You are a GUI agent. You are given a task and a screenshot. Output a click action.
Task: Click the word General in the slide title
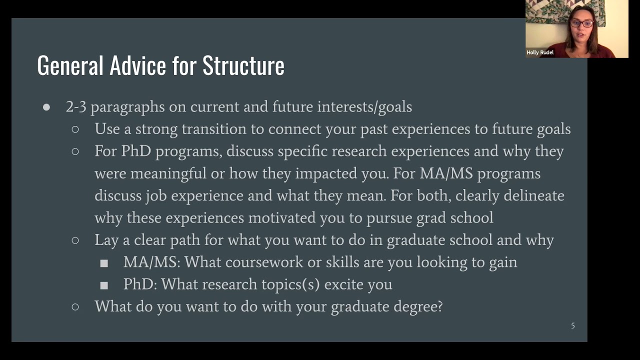(x=70, y=65)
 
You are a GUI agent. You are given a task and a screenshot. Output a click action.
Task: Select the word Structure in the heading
(x=243, y=65)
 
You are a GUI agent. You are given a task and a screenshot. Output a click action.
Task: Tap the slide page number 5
(x=573, y=325)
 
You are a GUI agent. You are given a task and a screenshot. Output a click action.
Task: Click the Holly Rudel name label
(x=540, y=52)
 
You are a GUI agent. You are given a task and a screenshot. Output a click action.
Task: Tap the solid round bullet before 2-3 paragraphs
(x=46, y=107)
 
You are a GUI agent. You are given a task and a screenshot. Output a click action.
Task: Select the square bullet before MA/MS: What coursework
(x=104, y=263)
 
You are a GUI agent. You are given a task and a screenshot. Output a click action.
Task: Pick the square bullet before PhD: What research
(x=104, y=285)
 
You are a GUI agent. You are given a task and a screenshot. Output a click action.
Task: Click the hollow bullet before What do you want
(x=75, y=306)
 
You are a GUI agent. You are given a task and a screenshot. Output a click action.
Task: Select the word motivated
(x=280, y=217)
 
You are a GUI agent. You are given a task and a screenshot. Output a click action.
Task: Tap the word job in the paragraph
(x=156, y=195)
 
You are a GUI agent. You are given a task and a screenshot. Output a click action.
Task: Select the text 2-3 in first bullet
(x=76, y=107)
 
